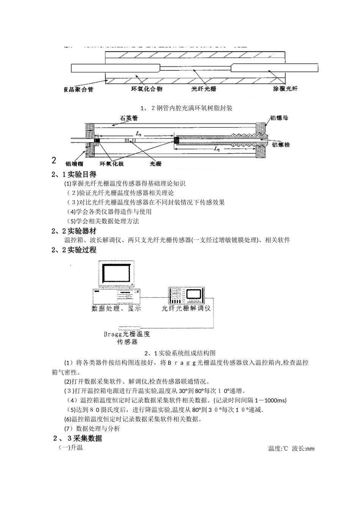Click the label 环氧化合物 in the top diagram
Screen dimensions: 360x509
click(147, 89)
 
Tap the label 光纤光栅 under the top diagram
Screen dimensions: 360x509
click(204, 89)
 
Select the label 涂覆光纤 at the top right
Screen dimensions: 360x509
click(285, 89)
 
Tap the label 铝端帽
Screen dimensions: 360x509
click(74, 164)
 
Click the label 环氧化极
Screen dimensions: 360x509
click(111, 164)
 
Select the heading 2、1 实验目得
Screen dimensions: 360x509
click(74, 175)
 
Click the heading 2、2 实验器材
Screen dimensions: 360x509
click(74, 231)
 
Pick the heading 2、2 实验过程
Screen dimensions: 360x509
click(74, 250)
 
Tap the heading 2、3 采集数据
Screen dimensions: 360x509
click(77, 439)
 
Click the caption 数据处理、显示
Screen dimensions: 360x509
click(116, 308)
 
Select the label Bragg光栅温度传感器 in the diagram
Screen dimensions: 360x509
click(127, 337)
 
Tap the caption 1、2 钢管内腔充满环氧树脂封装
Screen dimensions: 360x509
click(186, 108)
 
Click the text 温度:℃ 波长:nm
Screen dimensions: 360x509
click(291, 449)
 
